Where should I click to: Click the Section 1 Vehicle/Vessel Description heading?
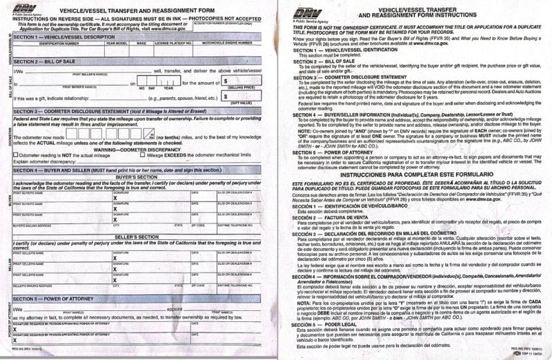click(66, 36)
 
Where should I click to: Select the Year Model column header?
click(115, 43)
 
